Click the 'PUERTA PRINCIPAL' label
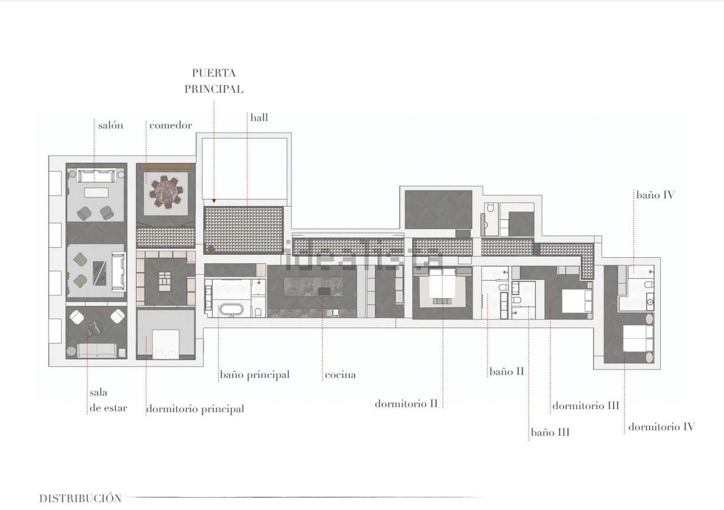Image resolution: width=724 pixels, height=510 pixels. pyautogui.click(x=214, y=81)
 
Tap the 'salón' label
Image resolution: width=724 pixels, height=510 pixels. pyautogui.click(x=111, y=125)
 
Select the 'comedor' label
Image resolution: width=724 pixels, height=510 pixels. pyautogui.click(x=170, y=125)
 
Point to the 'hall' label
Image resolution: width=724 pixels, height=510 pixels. pyautogui.click(x=259, y=118)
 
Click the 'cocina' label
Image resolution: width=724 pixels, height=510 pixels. pyautogui.click(x=340, y=375)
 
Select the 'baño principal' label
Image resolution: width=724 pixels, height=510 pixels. pyautogui.click(x=254, y=375)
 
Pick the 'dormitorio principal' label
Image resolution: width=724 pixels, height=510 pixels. pyautogui.click(x=195, y=409)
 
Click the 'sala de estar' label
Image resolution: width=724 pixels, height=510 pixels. pyautogui.click(x=108, y=400)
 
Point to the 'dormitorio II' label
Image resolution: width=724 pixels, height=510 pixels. pyautogui.click(x=406, y=404)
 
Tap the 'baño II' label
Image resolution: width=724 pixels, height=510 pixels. pyautogui.click(x=506, y=372)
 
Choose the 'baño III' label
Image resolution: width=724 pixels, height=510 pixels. pyautogui.click(x=550, y=432)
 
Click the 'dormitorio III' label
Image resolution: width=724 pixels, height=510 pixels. pyautogui.click(x=585, y=406)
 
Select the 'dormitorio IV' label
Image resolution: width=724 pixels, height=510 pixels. pyautogui.click(x=661, y=427)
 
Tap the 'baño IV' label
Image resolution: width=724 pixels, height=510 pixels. pyautogui.click(x=655, y=195)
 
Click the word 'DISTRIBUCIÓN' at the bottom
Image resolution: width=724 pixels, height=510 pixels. pyautogui.click(x=80, y=498)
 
